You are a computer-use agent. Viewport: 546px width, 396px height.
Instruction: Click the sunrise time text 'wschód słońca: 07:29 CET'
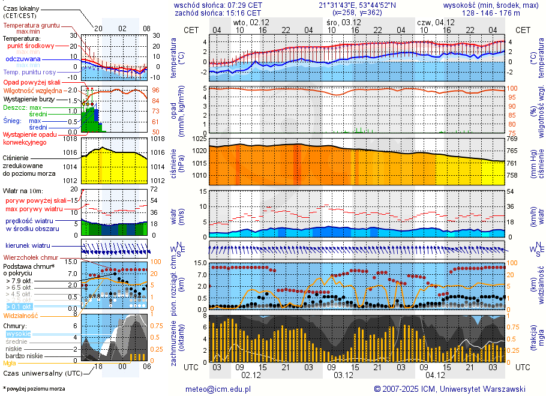point(218,5)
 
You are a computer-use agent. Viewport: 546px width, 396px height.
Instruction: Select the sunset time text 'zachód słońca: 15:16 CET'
point(218,13)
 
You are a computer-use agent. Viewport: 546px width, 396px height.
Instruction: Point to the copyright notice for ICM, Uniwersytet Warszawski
point(449,389)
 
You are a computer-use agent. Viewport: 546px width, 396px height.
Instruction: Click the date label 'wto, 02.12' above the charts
point(251,22)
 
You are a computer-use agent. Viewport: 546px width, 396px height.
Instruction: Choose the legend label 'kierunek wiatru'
point(28,246)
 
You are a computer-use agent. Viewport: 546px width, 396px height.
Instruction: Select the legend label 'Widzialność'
point(21,315)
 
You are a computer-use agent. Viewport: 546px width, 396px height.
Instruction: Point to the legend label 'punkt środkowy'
point(31,46)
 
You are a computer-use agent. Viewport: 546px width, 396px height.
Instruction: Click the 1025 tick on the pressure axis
point(199,139)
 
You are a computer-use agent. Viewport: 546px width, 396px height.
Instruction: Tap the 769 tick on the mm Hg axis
point(512,139)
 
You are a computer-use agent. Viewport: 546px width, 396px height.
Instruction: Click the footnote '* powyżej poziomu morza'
point(34,389)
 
